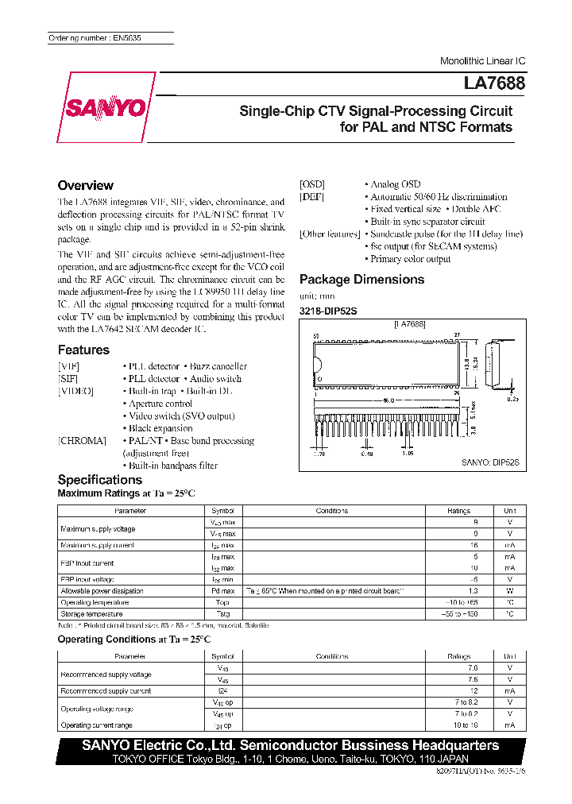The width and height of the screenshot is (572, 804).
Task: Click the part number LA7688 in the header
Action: (494, 83)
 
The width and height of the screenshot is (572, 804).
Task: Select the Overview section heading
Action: (85, 185)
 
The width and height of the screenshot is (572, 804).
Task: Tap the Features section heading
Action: (83, 350)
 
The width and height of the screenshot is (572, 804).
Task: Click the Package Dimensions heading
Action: (361, 279)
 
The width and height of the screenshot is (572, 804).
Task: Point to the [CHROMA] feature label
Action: (82, 440)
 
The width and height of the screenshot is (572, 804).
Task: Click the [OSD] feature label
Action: (312, 184)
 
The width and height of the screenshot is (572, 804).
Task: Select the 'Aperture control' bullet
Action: (160, 404)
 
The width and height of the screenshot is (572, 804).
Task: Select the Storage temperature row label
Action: (91, 614)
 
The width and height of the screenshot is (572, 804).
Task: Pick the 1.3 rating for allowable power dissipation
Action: (474, 591)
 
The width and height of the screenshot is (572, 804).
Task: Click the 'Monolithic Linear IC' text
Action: (482, 61)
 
